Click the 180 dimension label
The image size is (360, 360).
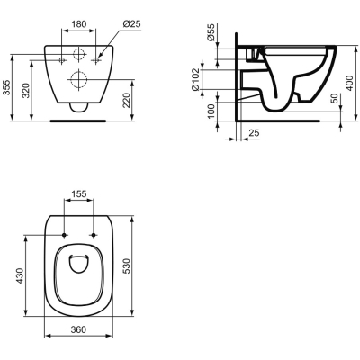click(x=79, y=24)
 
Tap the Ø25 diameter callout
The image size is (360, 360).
click(x=131, y=23)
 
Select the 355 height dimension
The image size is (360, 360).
click(x=6, y=87)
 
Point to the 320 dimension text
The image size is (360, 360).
click(x=27, y=90)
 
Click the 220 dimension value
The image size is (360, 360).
click(x=127, y=100)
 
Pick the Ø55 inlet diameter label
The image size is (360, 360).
click(x=211, y=32)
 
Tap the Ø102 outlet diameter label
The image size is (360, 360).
click(x=195, y=80)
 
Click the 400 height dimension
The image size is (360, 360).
click(x=348, y=83)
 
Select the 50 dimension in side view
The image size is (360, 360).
click(x=335, y=98)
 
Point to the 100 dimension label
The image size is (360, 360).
click(x=211, y=111)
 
